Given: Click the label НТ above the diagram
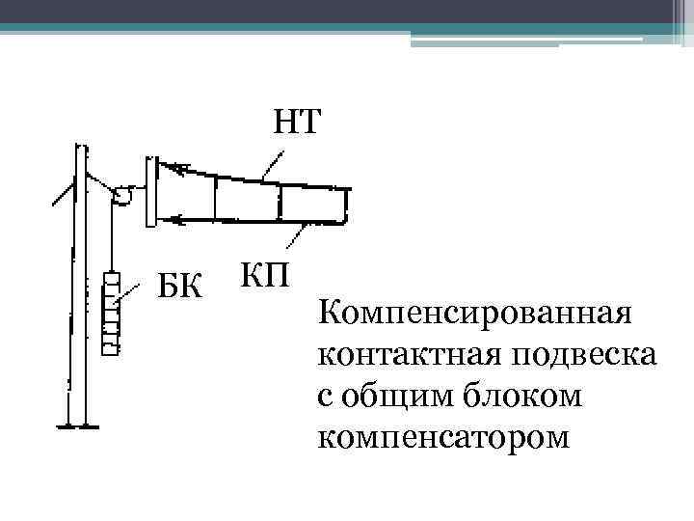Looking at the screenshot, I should pos(298,123).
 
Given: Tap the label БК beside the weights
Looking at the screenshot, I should pos(180,286).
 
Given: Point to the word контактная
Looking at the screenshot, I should pos(405,355).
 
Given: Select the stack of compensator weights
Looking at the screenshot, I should pos(112,315).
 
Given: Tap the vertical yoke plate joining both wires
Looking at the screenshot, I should pos(148,192).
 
